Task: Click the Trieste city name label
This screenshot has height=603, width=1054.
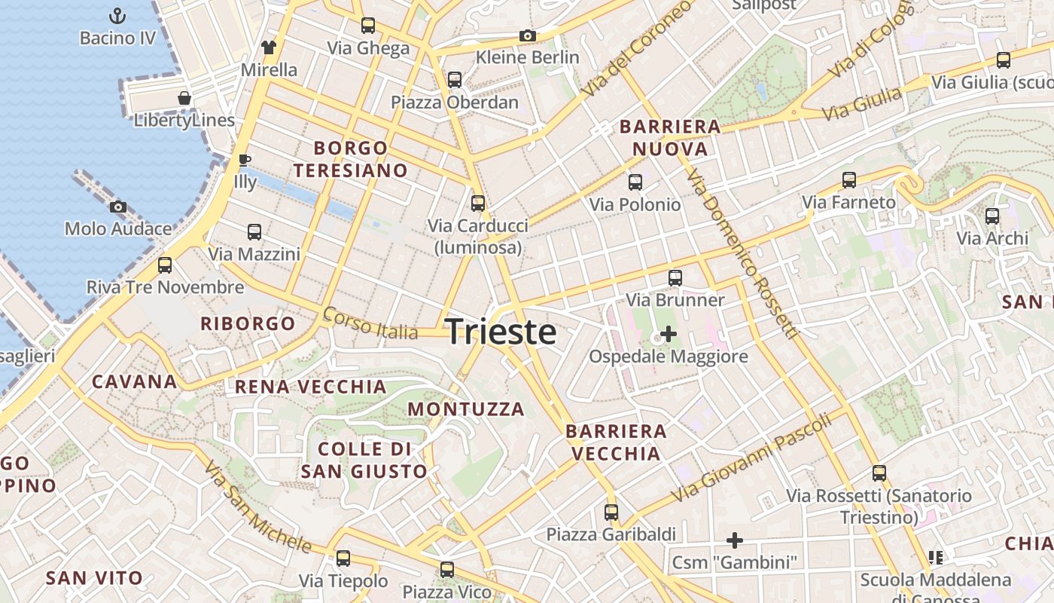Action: [x=501, y=332]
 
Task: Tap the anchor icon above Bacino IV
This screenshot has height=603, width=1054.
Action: [x=117, y=15]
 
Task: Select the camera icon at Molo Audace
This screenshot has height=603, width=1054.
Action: [x=117, y=207]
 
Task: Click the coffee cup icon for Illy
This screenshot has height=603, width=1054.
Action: [x=244, y=160]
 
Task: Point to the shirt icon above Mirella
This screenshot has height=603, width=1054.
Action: [x=269, y=47]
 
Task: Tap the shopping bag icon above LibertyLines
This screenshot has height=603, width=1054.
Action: [x=184, y=98]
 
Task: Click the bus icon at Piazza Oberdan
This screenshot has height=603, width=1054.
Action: [x=454, y=80]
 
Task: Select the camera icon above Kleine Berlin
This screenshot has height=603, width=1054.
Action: [x=528, y=35]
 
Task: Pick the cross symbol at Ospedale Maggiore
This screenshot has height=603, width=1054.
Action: [x=668, y=333]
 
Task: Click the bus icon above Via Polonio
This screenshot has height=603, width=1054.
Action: [x=635, y=182]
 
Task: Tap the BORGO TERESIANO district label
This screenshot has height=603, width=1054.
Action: [x=351, y=159]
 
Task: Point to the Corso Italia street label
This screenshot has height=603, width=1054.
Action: [x=370, y=323]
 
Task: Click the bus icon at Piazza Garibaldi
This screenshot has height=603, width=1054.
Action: [x=611, y=513]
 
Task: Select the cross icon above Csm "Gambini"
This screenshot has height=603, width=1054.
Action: [x=734, y=540]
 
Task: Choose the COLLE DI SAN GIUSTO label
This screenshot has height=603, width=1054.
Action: [x=364, y=460]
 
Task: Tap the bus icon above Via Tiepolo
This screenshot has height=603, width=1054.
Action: [x=343, y=559]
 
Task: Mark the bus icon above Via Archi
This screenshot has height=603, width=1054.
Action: [x=992, y=216]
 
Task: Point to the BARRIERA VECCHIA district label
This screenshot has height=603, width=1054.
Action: [x=616, y=442]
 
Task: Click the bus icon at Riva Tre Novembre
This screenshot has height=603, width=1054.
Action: [x=165, y=265]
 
